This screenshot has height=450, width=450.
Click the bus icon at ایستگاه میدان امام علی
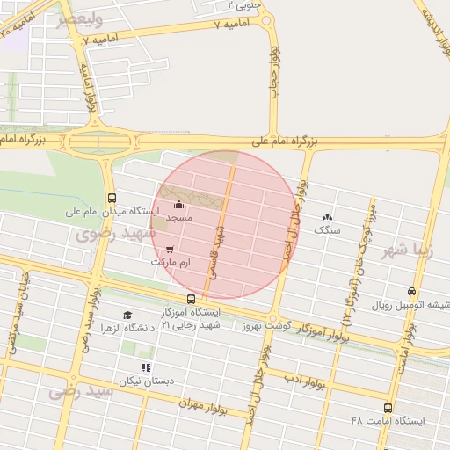click(x=111, y=198)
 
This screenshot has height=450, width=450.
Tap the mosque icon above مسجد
click(x=179, y=205)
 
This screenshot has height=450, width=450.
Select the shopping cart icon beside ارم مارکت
click(x=169, y=250)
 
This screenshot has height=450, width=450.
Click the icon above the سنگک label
click(x=328, y=217)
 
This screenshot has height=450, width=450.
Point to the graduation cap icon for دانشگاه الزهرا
click(x=127, y=315)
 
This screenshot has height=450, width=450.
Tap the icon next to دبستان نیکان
click(x=146, y=367)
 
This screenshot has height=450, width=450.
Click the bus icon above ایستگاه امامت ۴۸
click(x=388, y=408)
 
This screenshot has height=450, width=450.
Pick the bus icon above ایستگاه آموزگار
click(x=192, y=300)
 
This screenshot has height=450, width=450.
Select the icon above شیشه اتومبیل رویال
click(x=412, y=292)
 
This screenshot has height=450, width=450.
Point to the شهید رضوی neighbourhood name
click(x=114, y=234)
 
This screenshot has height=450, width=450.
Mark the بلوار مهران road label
click(x=211, y=407)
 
